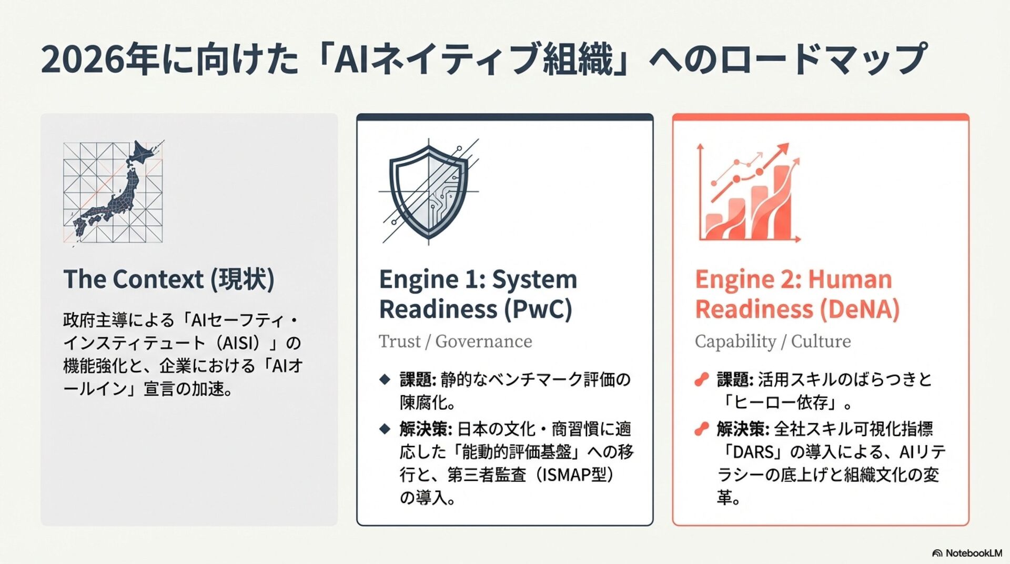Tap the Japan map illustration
pos(113,192)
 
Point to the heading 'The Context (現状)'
pos(169,279)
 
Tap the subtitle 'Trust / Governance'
pos(456,341)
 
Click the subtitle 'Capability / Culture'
pos(773,341)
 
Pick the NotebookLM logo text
pos(973,553)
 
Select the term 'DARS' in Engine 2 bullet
pos(753,452)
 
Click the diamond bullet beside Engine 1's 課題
pos(385,379)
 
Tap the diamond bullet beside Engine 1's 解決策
pos(385,429)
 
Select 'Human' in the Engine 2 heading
pos(850,279)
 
